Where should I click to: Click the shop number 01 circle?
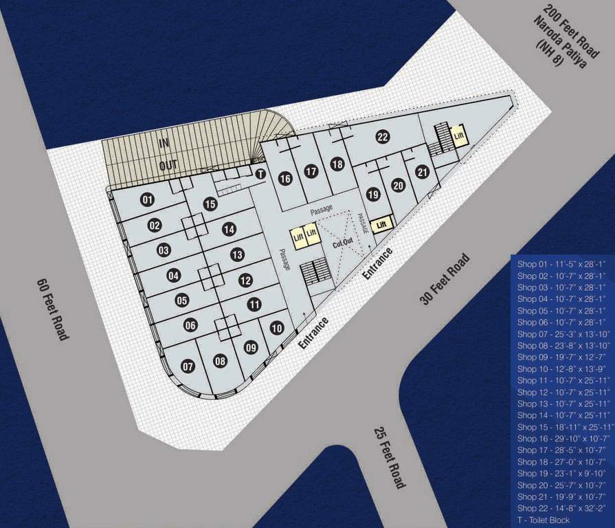tap(147, 200)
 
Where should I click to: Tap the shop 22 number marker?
tap(383, 137)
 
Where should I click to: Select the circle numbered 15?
tap(210, 203)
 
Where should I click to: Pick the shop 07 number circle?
tap(188, 366)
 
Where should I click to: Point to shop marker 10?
tap(276, 329)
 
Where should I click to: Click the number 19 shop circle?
tap(373, 195)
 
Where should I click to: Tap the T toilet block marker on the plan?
tap(260, 174)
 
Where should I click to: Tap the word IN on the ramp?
tap(164, 143)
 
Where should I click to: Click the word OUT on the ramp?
tap(168, 165)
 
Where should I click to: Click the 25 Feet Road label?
tap(390, 458)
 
